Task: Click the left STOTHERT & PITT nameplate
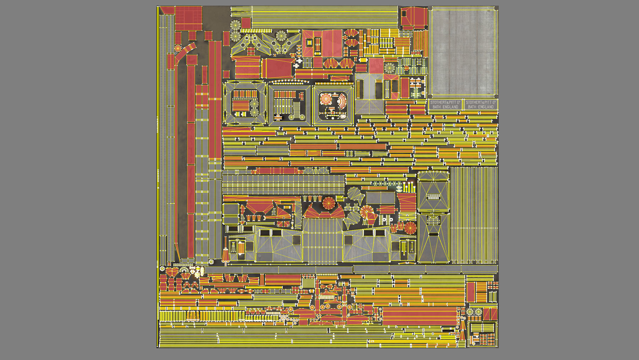click(445, 104)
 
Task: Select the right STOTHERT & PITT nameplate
click(481, 104)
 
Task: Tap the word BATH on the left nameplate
click(437, 107)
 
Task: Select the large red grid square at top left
click(188, 18)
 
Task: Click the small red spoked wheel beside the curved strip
click(178, 48)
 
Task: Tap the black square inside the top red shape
click(404, 14)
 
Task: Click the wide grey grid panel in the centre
click(283, 185)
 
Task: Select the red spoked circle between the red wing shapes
click(328, 203)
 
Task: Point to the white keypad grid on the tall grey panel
click(433, 196)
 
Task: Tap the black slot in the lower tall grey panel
click(433, 234)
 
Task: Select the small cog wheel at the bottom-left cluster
click(163, 269)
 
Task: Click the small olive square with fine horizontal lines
click(307, 283)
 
